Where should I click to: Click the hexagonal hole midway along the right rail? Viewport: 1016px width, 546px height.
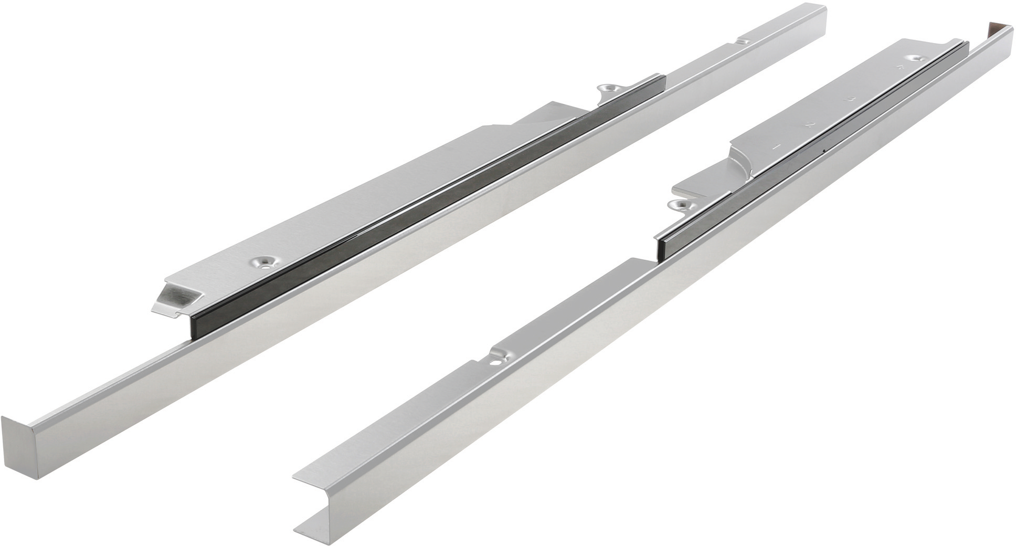(494, 361)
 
